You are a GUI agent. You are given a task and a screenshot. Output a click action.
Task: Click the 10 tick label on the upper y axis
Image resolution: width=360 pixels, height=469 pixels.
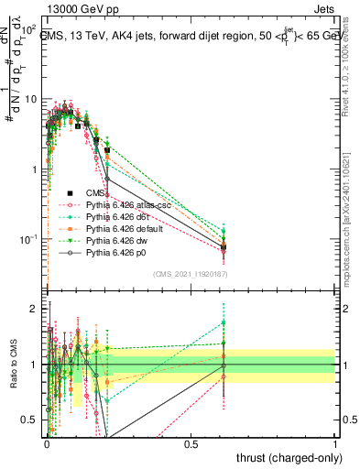click(30, 99)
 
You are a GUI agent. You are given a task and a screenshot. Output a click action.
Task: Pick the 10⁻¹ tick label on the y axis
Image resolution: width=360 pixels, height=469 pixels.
click(27, 240)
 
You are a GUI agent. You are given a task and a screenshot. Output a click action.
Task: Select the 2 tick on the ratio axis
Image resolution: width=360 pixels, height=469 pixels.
click(34, 309)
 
